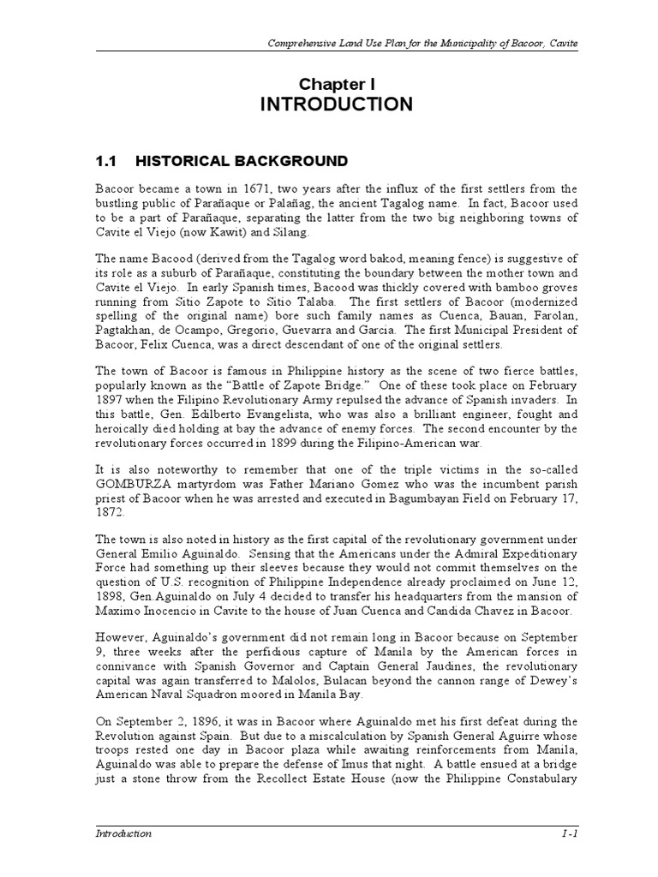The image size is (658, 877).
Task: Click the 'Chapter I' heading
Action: coord(336,83)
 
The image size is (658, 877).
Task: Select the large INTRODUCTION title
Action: coord(336,105)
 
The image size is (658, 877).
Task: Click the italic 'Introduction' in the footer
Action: coord(123,833)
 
